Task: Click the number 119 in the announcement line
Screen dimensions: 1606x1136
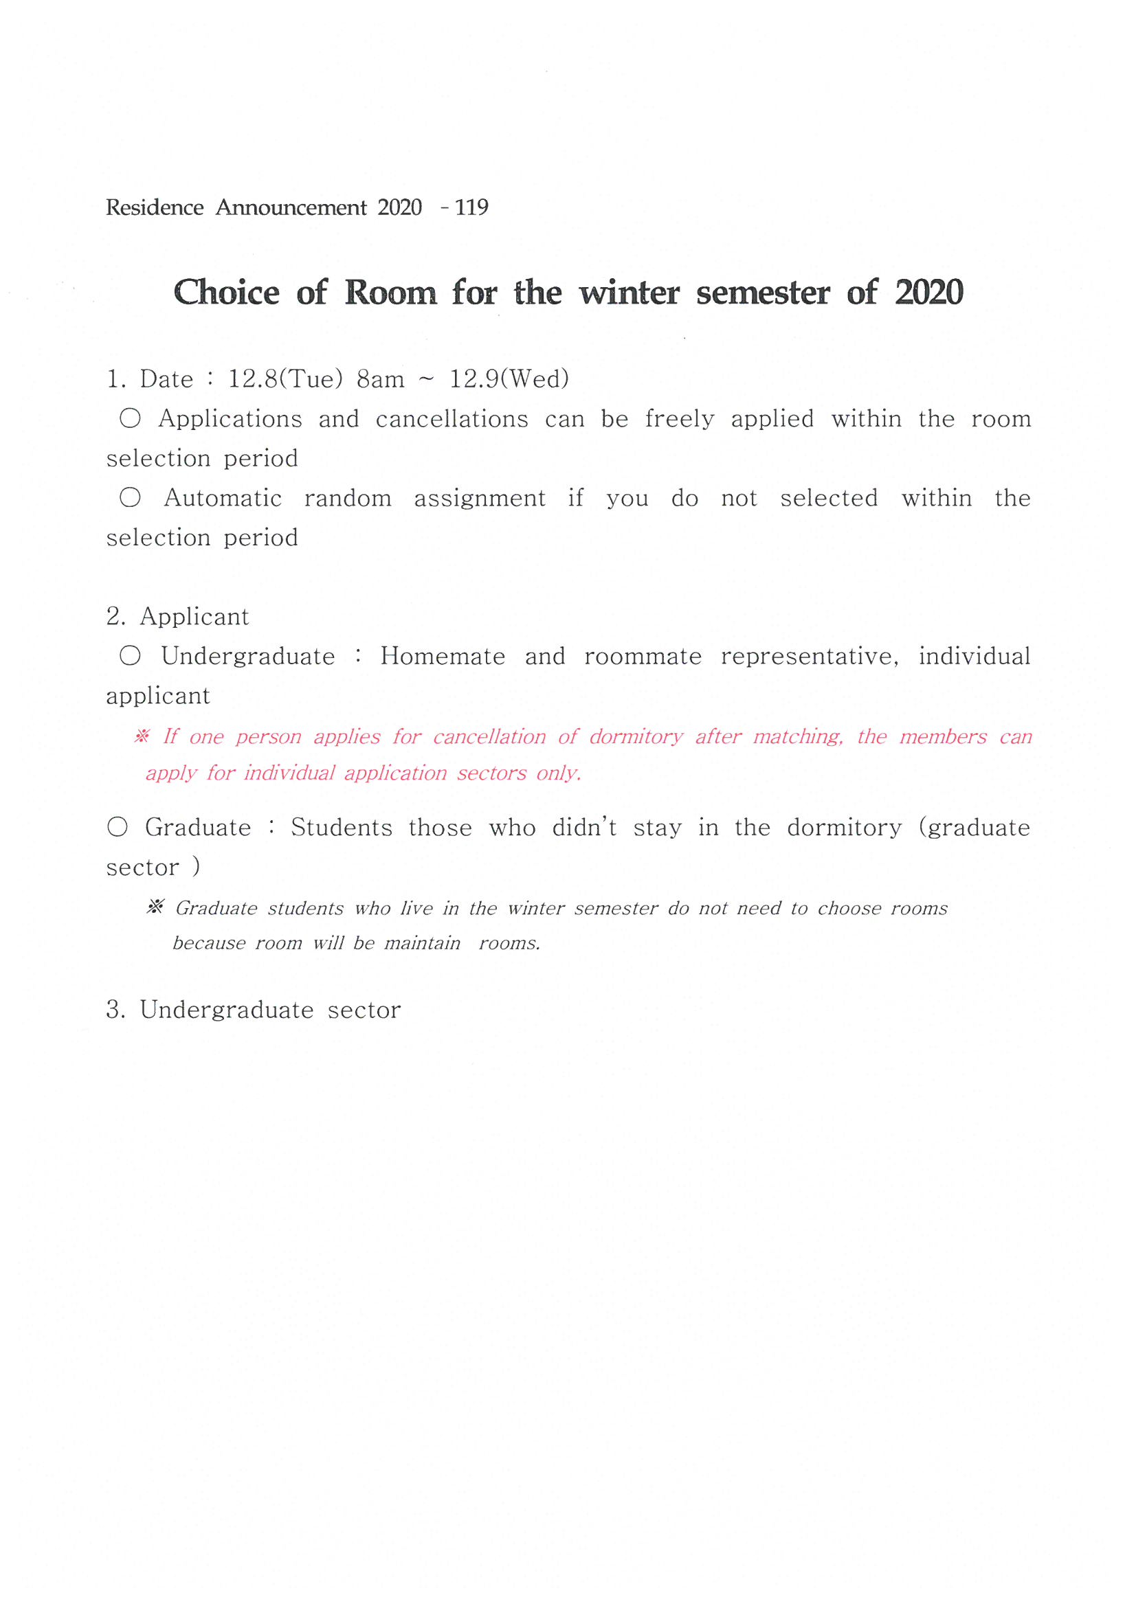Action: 471,207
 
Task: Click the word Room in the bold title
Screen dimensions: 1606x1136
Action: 390,293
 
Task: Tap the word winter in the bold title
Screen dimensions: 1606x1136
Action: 629,293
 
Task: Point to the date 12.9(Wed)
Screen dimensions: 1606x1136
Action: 509,379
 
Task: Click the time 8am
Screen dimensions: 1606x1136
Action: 380,380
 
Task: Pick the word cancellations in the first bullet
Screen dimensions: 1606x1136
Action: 452,419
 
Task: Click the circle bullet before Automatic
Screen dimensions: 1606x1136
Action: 130,497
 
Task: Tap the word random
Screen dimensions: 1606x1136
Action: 348,498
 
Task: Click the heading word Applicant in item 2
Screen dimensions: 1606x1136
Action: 194,617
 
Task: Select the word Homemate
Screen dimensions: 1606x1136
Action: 443,657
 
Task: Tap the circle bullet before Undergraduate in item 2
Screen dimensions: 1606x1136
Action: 130,656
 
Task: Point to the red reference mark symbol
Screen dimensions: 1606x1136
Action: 142,736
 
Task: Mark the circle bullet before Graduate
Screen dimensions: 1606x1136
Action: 118,827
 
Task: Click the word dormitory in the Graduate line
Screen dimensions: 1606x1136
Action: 844,828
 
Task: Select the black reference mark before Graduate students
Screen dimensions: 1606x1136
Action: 155,907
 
